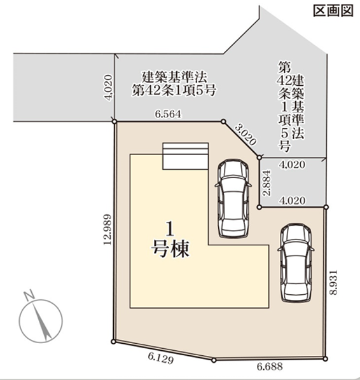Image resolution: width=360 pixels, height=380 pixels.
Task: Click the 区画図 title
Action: pos(333,11)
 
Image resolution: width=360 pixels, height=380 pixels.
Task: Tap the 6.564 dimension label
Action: pos(168,114)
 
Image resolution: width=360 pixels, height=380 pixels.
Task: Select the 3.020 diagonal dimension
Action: pos(246,135)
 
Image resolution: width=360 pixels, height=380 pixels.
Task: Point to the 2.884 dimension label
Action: pos(267,183)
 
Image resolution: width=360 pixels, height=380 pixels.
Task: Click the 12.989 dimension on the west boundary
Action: pos(107,229)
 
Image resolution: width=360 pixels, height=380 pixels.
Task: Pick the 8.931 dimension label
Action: pos(333,282)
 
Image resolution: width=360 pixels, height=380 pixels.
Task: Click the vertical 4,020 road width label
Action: pos(108,88)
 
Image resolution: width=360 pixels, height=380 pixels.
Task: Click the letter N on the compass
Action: pos(29,295)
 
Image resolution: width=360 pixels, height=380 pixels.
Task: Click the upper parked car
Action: pos(233,198)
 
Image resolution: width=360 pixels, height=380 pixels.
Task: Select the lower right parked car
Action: pos(296,262)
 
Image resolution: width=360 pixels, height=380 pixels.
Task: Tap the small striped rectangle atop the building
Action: pos(186,156)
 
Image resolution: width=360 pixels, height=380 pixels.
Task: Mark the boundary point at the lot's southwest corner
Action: pos(113,342)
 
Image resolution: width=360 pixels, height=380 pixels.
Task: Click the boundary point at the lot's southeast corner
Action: pos(326,359)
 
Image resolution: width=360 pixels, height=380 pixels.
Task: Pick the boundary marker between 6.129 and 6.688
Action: pos(214,360)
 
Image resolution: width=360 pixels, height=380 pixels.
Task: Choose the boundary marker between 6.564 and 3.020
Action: pos(224,121)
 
